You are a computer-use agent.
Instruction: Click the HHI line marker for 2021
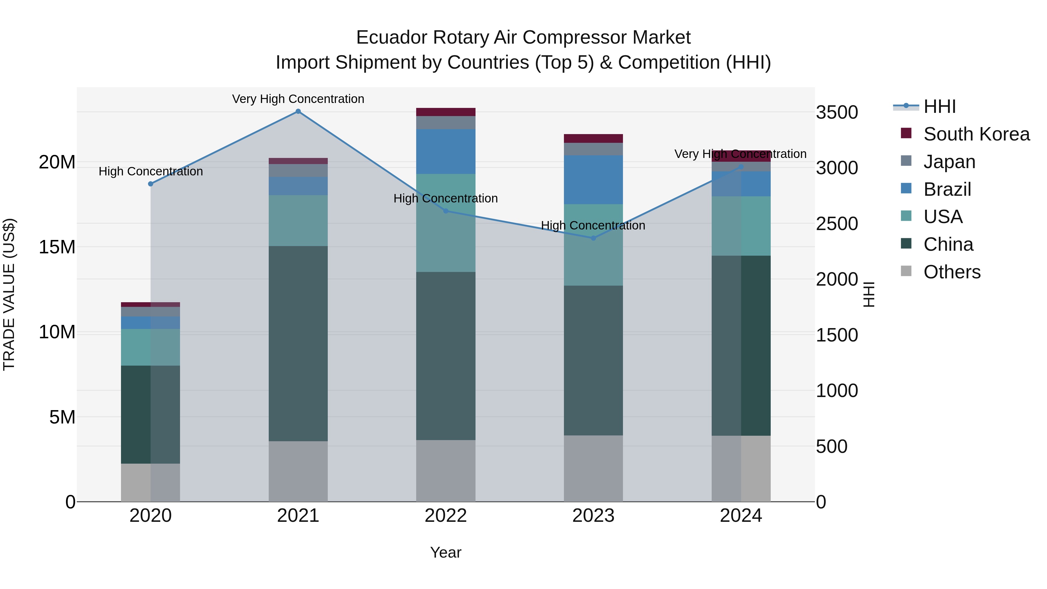coord(298,111)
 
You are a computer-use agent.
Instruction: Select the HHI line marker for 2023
coord(593,238)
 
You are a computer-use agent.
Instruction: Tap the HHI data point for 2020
coord(150,184)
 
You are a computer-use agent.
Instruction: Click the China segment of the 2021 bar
coord(298,344)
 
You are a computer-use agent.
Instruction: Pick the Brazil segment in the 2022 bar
coord(446,152)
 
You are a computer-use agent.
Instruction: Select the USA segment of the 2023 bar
coord(593,245)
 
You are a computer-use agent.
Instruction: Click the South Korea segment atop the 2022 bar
coord(446,112)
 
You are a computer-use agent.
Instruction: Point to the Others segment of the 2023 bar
coord(593,468)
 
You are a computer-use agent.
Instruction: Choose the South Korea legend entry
coord(976,134)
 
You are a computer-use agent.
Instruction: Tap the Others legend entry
coord(952,272)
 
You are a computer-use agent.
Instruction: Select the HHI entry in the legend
coord(939,106)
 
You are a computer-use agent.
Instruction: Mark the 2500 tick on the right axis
coord(836,224)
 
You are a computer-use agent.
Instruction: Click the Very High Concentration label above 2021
coord(298,99)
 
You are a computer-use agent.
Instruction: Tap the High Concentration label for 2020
coord(150,172)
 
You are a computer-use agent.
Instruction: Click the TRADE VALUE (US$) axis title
coord(9,294)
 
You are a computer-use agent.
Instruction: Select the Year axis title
coord(446,552)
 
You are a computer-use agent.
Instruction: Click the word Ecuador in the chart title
coord(391,38)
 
